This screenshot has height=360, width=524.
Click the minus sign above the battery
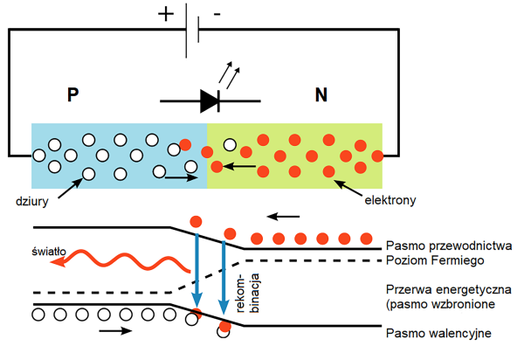coord(217,15)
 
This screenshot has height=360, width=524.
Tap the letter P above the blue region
coord(73,95)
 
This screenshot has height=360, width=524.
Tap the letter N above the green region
coord(321,95)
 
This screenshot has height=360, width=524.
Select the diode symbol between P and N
coord(210,100)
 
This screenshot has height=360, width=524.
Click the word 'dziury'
coord(33,199)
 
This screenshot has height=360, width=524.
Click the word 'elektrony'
coord(390,200)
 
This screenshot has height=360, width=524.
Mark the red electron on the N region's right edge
coord(377,156)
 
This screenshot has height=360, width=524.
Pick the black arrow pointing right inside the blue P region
coord(182,178)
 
